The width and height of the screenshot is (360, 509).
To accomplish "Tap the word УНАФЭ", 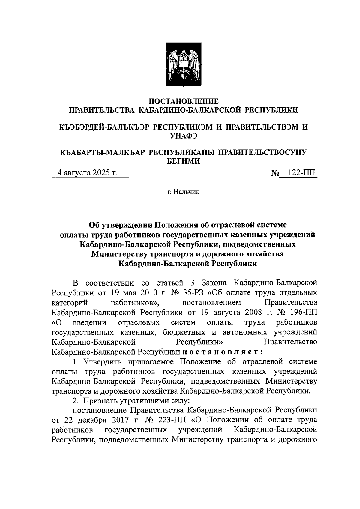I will pos(184,136).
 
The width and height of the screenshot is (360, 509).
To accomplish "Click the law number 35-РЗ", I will pos(191,292).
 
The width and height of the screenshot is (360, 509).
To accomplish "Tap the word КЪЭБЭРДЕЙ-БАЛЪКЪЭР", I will pos(104,127).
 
